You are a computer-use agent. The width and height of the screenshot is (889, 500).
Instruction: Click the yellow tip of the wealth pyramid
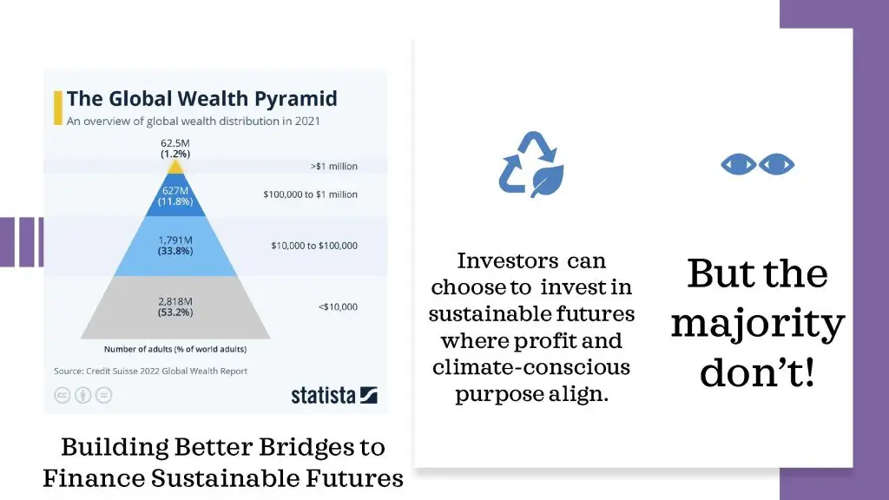pos(175,168)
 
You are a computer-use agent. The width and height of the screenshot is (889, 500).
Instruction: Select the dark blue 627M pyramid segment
pos(175,195)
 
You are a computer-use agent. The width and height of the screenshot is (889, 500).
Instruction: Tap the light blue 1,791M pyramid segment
pos(175,246)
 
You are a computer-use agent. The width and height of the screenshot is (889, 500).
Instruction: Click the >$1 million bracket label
pos(334,166)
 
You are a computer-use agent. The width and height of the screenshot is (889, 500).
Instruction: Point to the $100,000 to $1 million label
pos(310,194)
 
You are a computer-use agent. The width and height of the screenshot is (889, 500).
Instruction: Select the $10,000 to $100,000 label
pos(314,246)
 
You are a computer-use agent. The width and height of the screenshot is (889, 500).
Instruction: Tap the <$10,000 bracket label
pos(338,306)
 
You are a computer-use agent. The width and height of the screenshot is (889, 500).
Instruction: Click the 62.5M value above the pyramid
pos(175,143)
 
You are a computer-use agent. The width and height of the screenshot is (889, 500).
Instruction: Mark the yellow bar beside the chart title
pos(58,108)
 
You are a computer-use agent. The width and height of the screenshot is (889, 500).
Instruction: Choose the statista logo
pos(334,395)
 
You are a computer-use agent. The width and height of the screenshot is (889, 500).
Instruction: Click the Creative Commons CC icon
pos(63,395)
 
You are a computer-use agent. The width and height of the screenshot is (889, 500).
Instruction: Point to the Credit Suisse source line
pos(151,371)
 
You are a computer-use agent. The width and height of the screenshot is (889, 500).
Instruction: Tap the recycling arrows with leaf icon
pos(532,164)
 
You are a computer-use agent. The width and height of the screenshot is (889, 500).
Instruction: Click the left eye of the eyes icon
pos(738,164)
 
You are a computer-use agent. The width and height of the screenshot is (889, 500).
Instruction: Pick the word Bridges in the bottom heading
pos(305,447)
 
